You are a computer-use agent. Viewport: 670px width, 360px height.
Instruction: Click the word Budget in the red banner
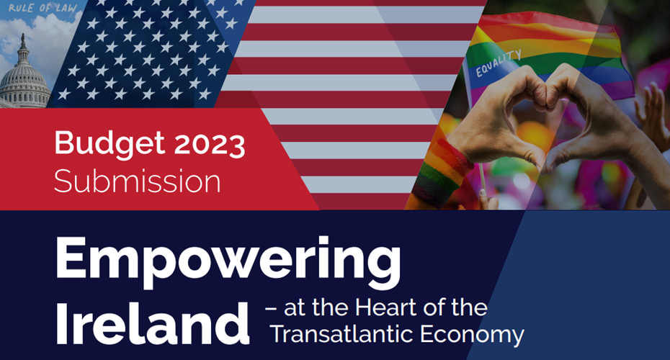coord(110,144)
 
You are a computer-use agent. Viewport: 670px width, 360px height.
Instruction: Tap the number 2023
coord(210,144)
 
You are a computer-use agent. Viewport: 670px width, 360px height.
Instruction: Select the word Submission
coord(137,181)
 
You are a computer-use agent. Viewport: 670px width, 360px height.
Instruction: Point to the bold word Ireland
coord(152,323)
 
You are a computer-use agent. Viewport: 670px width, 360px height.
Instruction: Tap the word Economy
coord(472,336)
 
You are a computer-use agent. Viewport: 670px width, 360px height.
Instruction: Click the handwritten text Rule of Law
coord(43,8)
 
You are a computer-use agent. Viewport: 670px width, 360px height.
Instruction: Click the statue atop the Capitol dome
coord(23,40)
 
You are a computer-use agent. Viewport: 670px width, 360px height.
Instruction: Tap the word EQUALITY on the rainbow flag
coord(499,63)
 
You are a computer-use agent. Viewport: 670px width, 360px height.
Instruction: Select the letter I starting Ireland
coord(61,323)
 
